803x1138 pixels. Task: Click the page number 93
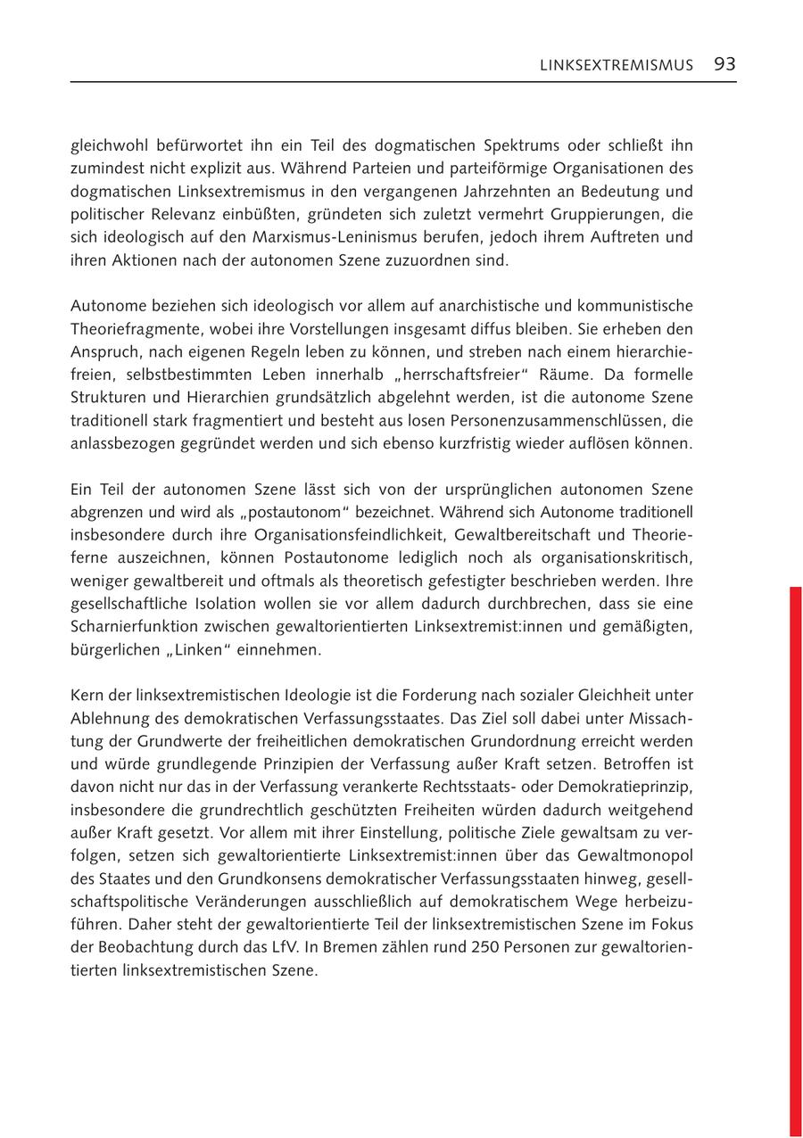(724, 64)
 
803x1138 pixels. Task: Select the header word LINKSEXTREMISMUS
(616, 65)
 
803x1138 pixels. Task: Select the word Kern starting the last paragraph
(87, 695)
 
